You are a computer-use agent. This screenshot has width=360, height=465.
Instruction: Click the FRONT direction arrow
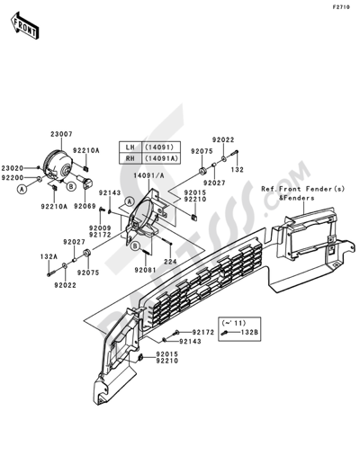tap(24, 25)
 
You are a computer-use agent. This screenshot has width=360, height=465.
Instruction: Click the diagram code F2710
tap(341, 7)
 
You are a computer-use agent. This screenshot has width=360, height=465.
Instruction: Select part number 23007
tap(61, 134)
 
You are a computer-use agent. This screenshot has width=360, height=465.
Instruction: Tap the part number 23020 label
tap(13, 168)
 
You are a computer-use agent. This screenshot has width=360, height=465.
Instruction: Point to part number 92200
tap(13, 178)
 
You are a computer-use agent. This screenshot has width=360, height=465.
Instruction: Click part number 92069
tap(85, 206)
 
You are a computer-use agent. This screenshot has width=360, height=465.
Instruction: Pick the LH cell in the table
tap(130, 148)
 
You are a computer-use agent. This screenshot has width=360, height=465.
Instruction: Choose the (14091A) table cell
tap(161, 158)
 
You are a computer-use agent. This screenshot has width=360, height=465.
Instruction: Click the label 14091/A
tap(149, 176)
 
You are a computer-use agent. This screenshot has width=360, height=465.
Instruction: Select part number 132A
tap(49, 256)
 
